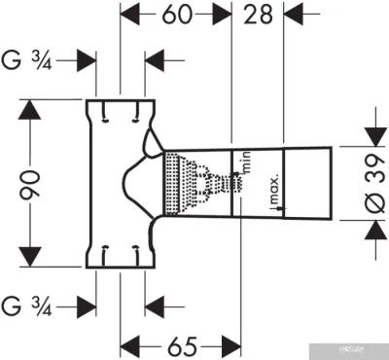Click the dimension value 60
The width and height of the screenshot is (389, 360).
(176, 16)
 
